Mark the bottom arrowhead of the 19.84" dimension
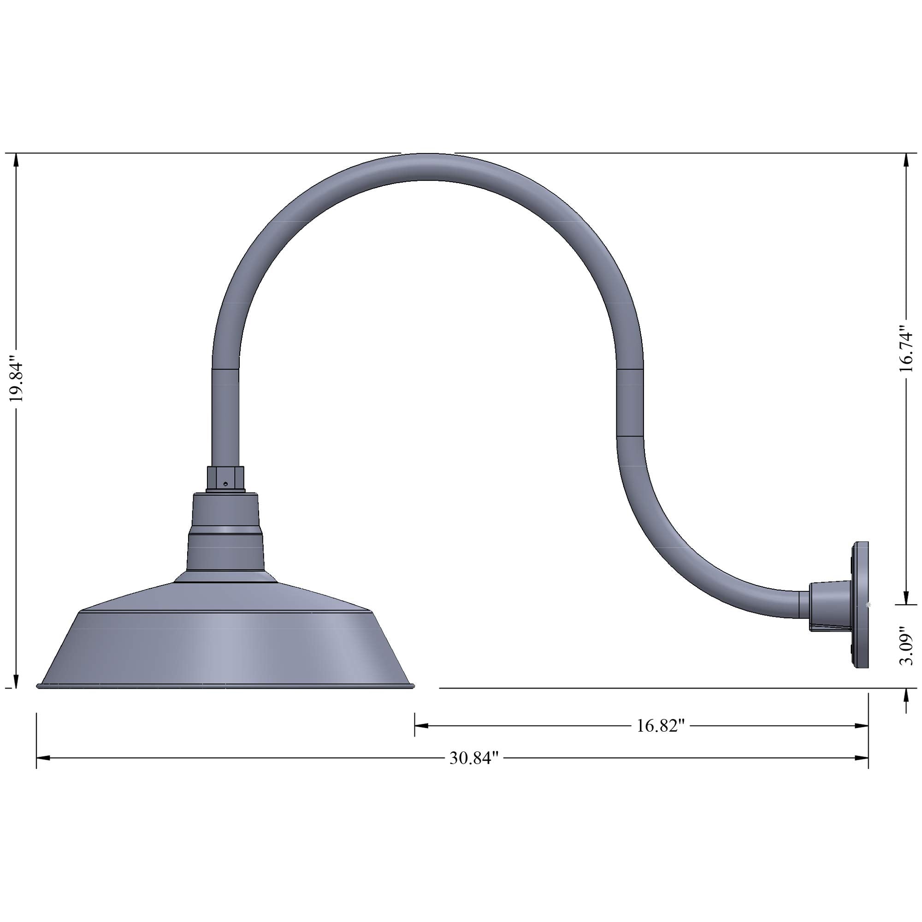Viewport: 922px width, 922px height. [17, 681]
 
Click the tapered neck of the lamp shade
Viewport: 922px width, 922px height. [225, 534]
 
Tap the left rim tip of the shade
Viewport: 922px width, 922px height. [38, 686]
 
